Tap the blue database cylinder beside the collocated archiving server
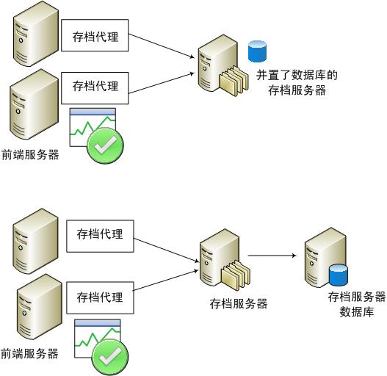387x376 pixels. click(x=256, y=51)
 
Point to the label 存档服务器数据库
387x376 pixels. click(x=357, y=304)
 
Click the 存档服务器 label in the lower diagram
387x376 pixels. click(x=238, y=303)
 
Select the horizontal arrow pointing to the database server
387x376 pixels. click(x=272, y=256)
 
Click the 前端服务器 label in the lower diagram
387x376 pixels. click(x=30, y=353)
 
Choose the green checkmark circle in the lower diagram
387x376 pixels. click(x=109, y=356)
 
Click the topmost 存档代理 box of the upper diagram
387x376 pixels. click(x=95, y=35)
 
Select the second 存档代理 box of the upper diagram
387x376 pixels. click(x=95, y=85)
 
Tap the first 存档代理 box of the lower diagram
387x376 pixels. click(x=100, y=234)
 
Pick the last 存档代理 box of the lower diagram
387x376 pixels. click(x=100, y=298)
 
